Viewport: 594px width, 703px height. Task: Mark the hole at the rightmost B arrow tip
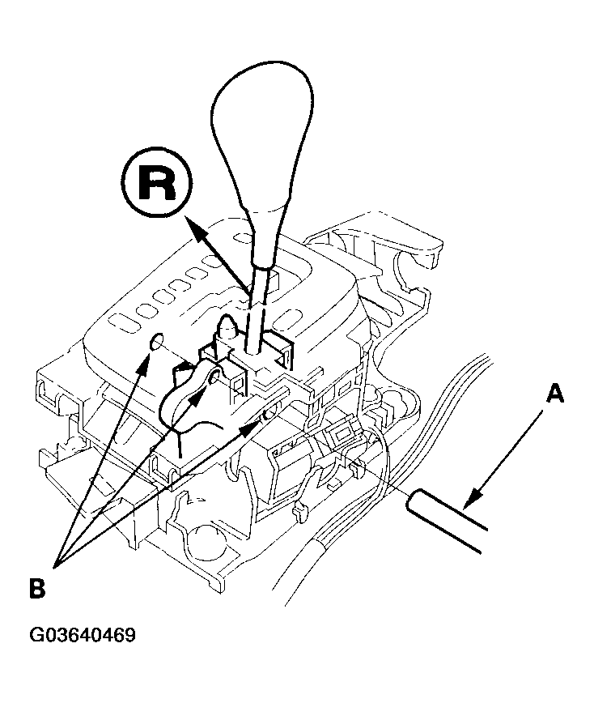click(x=267, y=415)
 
